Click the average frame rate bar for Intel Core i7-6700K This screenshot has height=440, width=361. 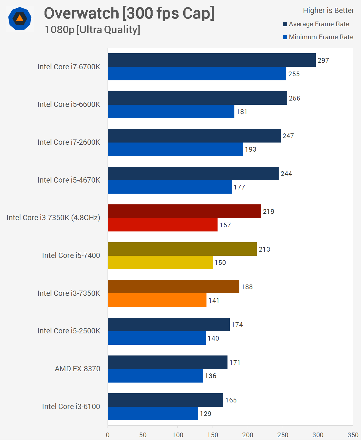pyautogui.click(x=211, y=60)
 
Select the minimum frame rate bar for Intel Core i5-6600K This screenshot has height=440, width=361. pyautogui.click(x=171, y=112)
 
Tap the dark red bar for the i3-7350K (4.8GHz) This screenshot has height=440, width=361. pyautogui.click(x=184, y=211)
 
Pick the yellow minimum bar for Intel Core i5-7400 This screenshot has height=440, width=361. pyautogui.click(x=160, y=263)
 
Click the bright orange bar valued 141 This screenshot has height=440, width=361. pyautogui.click(x=157, y=300)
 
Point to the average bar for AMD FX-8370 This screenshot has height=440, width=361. pyautogui.click(x=168, y=362)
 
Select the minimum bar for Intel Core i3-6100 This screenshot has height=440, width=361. pyautogui.click(x=153, y=413)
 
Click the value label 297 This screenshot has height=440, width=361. pyautogui.click(x=323, y=60)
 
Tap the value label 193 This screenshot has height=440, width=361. pyautogui.click(x=250, y=149)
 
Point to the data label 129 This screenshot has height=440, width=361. pyautogui.click(x=205, y=414)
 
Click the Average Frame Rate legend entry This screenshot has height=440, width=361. pyautogui.click(x=319, y=24)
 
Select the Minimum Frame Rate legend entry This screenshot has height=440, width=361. pyautogui.click(x=321, y=37)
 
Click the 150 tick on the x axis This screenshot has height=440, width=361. pyautogui.click(x=213, y=435)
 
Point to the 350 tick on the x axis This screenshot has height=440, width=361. pyautogui.click(x=353, y=435)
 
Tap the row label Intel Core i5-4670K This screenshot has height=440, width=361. pyautogui.click(x=69, y=180)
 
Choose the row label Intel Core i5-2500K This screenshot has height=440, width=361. pyautogui.click(x=69, y=331)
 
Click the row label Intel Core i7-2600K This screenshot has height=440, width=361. pyautogui.click(x=69, y=142)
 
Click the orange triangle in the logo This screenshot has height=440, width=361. pyautogui.click(x=20, y=19)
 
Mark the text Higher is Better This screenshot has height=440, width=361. pyautogui.click(x=328, y=10)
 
